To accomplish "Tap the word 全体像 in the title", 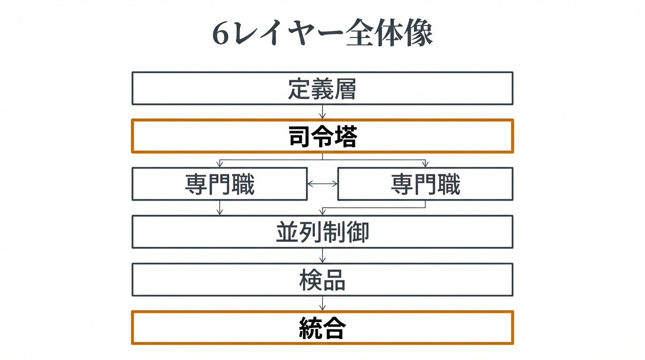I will (389, 34).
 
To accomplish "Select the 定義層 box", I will (322, 88).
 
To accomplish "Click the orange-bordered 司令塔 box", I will (322, 136).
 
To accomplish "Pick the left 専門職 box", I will (219, 184).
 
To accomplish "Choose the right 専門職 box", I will (425, 184).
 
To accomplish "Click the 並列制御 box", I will (322, 232).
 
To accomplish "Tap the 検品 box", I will (322, 279).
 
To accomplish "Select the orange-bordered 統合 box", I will (322, 328).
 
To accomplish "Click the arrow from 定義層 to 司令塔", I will (322, 112).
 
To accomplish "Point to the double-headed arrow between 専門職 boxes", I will (322, 184).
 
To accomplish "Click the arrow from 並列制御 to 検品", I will (322, 255).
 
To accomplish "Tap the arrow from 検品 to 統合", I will (322, 303).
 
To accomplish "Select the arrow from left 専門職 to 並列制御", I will (219, 208).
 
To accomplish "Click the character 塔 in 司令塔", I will (346, 136).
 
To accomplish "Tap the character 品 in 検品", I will (334, 280).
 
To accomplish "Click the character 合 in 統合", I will (334, 328).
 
